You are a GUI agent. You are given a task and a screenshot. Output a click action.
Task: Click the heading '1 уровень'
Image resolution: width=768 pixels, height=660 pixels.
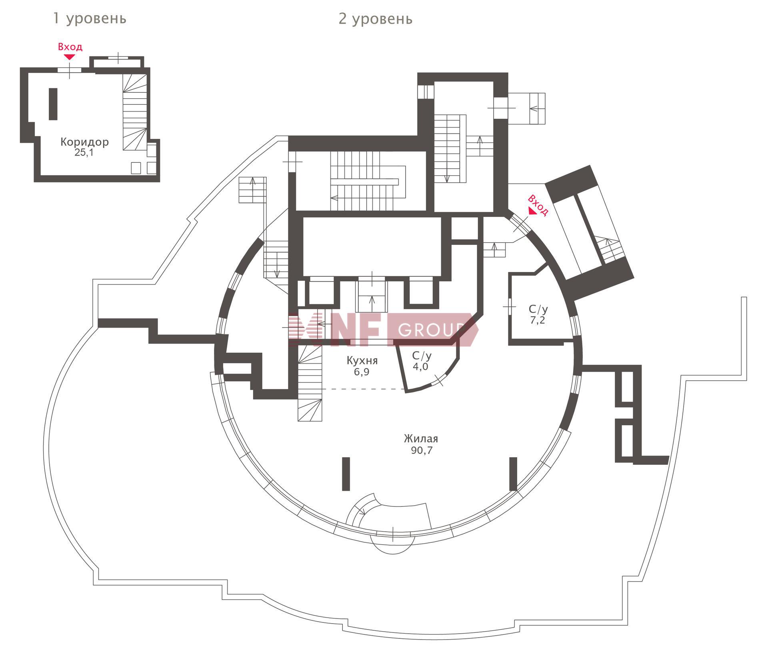(90, 18)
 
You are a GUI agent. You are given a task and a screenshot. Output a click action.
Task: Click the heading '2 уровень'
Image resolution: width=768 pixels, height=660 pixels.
(376, 19)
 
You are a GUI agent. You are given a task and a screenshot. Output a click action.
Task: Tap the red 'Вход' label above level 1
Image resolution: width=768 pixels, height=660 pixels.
(70, 47)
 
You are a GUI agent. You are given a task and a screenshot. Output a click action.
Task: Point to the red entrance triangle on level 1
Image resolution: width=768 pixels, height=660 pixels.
(70, 57)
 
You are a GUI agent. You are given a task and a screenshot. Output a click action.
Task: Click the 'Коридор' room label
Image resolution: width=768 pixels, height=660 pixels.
(84, 142)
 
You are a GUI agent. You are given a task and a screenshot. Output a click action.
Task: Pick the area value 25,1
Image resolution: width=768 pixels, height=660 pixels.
(84, 152)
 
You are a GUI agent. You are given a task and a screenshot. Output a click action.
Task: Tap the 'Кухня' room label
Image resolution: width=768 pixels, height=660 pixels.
(362, 360)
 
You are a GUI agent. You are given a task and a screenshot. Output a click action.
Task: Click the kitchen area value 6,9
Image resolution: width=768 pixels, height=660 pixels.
(362, 372)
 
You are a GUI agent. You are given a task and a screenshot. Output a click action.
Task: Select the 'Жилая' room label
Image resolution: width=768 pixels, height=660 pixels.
(421, 438)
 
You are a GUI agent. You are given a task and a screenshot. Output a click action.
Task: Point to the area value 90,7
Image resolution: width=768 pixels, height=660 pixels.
(422, 450)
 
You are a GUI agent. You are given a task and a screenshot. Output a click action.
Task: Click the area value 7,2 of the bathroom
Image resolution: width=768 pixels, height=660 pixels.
(538, 320)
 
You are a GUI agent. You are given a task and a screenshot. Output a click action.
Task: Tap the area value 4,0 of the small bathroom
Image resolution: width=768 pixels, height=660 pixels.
(420, 366)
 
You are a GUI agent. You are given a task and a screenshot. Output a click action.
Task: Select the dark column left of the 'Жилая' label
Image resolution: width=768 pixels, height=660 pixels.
(346, 474)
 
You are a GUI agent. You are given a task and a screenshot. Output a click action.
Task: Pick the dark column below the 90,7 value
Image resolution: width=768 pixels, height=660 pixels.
(513, 474)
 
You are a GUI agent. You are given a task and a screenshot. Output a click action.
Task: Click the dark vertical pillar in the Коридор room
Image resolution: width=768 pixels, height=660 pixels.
(53, 104)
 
